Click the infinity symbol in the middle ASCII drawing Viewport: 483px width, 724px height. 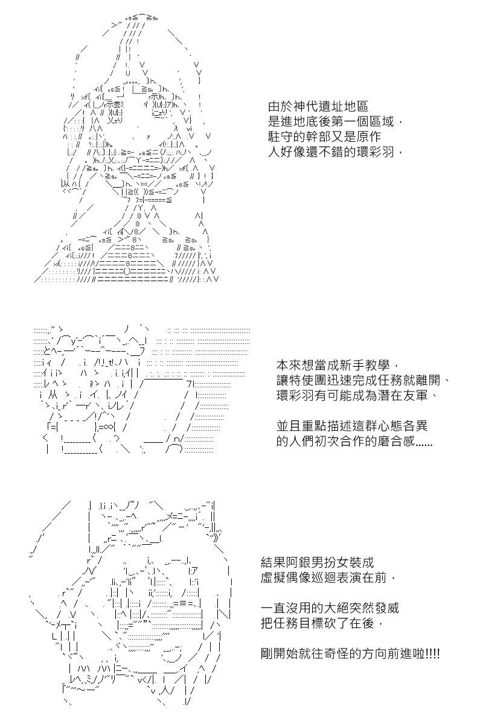(109, 427)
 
